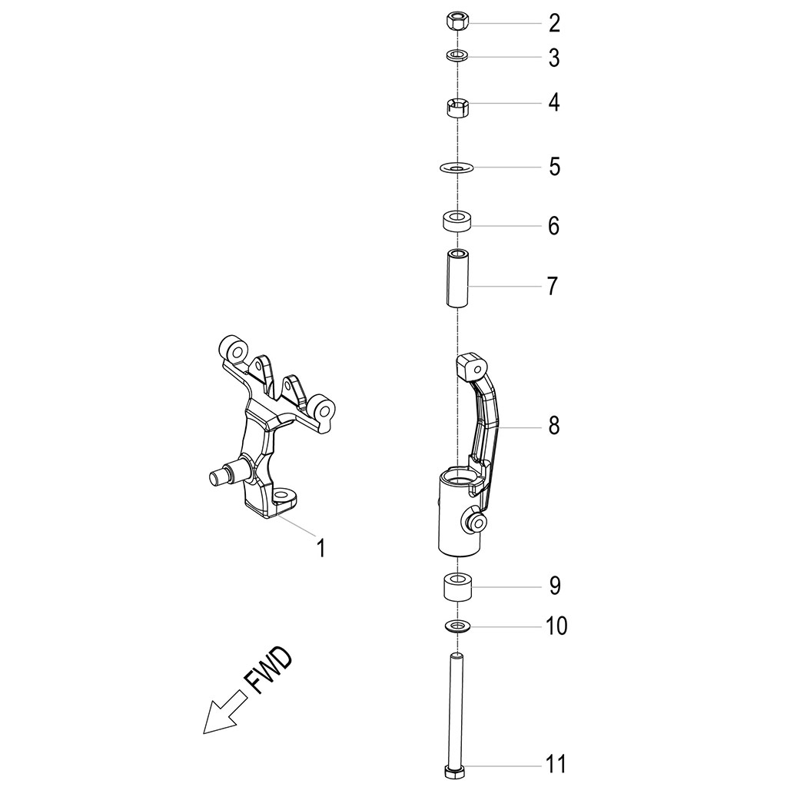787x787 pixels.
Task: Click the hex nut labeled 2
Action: pyautogui.click(x=457, y=22)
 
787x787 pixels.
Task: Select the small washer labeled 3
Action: pyautogui.click(x=457, y=55)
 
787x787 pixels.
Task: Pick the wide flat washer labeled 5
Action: pyautogui.click(x=457, y=167)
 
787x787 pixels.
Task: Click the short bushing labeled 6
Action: pyautogui.click(x=457, y=221)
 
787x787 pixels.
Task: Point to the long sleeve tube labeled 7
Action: pyautogui.click(x=457, y=278)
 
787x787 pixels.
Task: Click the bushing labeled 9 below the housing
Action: pyautogui.click(x=457, y=587)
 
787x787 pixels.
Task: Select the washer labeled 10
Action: pyautogui.click(x=457, y=626)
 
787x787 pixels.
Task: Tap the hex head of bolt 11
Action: pyautogui.click(x=456, y=772)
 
